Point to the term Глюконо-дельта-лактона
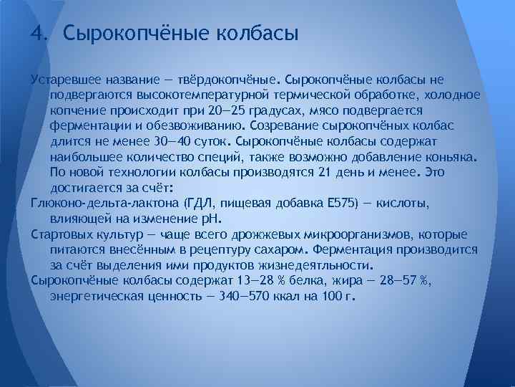pyautogui.click(x=105, y=204)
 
